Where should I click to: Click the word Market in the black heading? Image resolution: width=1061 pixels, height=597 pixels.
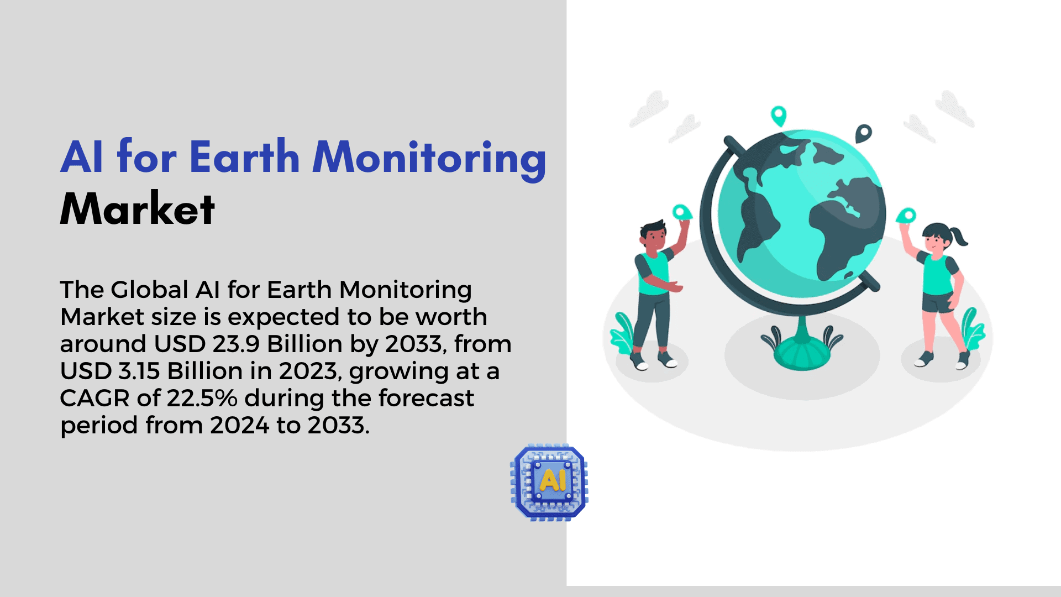pyautogui.click(x=137, y=209)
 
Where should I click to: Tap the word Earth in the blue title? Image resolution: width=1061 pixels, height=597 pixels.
pyautogui.click(x=245, y=157)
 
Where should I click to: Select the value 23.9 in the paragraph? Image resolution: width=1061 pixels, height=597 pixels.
pyautogui.click(x=236, y=344)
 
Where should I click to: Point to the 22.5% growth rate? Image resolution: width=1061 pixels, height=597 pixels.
pyautogui.click(x=202, y=398)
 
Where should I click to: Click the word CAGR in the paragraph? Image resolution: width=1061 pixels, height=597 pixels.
pyautogui.click(x=94, y=398)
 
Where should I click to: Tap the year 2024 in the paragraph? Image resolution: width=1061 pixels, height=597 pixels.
pyautogui.click(x=239, y=425)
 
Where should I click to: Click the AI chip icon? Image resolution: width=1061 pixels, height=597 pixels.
pyautogui.click(x=549, y=483)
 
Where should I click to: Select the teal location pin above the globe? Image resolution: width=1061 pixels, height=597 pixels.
pyautogui.click(x=779, y=116)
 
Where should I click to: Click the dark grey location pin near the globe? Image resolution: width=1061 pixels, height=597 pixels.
pyautogui.click(x=863, y=133)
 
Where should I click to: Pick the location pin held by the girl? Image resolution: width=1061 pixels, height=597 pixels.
pyautogui.click(x=906, y=216)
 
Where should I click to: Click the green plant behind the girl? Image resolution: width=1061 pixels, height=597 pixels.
pyautogui.click(x=972, y=328)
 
